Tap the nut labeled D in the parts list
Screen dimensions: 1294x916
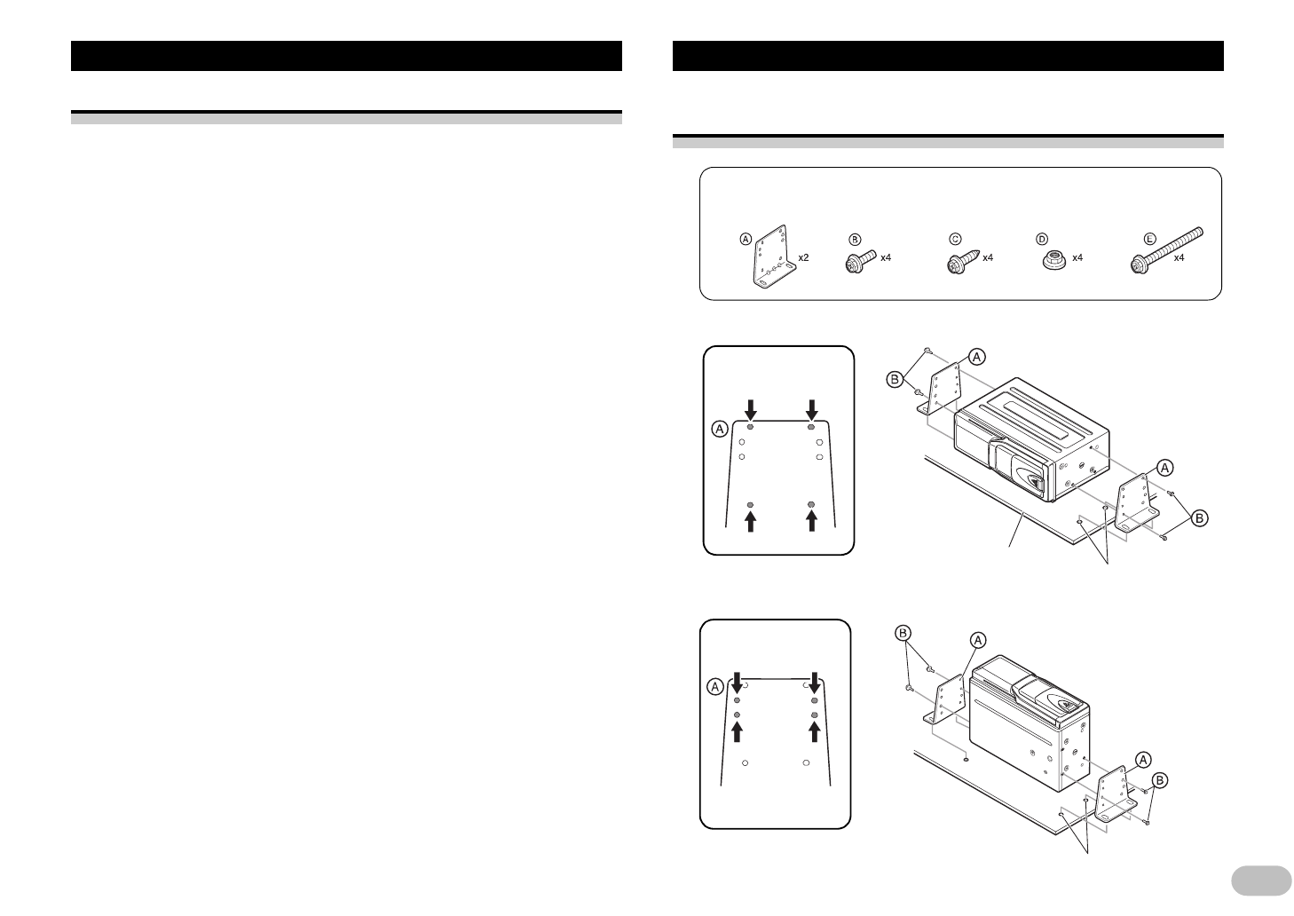tap(1054, 260)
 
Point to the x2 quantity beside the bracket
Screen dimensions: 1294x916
tap(803, 257)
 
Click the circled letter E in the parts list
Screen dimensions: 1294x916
tap(1149, 239)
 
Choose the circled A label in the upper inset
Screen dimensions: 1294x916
tap(720, 429)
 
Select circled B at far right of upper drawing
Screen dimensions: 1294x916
tap(1199, 517)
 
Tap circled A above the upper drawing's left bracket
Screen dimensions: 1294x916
tap(975, 356)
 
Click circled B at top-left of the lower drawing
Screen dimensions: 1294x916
tap(903, 633)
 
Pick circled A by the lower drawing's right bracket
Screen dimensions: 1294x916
tap(1143, 759)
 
